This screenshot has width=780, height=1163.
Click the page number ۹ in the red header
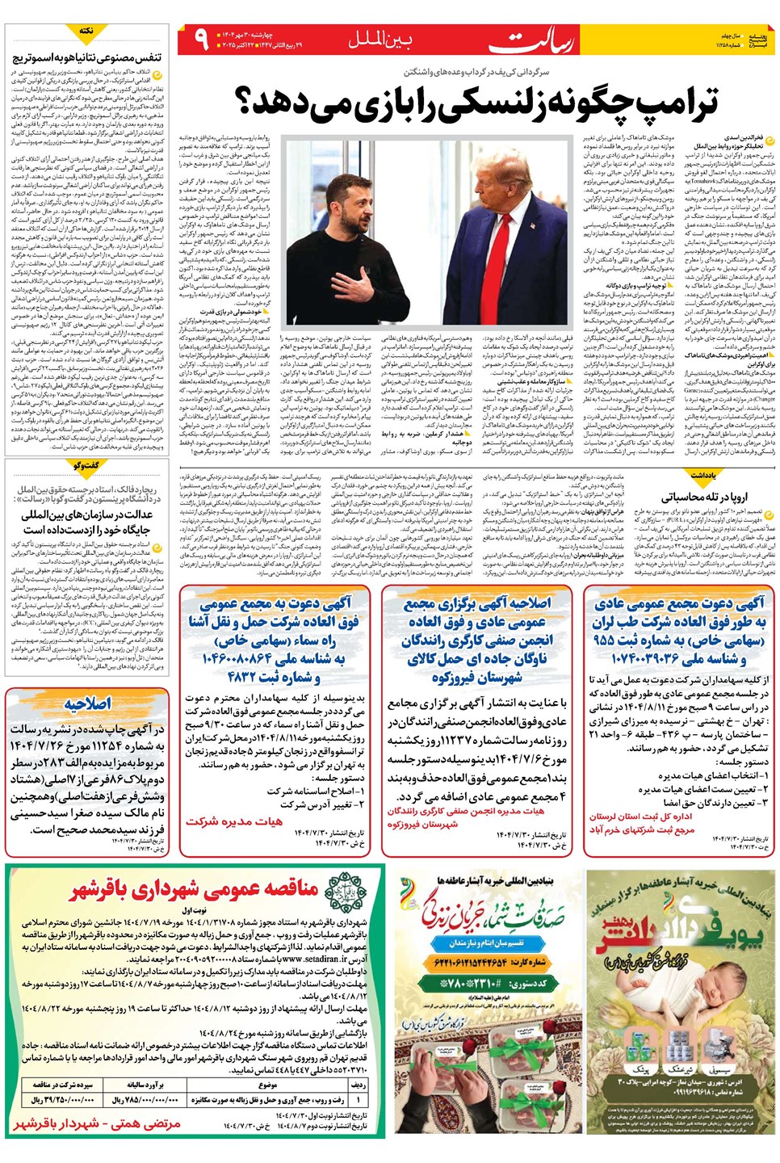point(201,39)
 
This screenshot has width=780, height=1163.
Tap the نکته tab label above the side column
point(86,31)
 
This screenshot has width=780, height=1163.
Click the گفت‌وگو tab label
point(86,466)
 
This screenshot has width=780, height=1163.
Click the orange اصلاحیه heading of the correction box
point(87,703)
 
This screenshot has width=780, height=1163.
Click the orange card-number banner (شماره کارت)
point(489,962)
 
